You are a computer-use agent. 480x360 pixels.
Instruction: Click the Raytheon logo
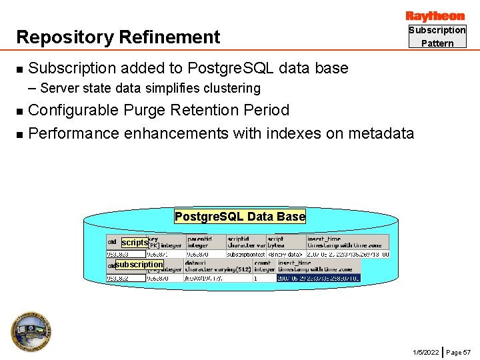coord(435,16)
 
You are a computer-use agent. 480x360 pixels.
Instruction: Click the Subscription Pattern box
coord(437,37)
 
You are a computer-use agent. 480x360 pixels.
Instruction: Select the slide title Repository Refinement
coord(118,37)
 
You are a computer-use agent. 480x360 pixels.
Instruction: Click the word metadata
coord(378,133)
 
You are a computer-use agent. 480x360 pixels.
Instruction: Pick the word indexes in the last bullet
coord(289,133)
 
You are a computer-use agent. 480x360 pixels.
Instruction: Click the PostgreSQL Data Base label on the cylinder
coord(240,216)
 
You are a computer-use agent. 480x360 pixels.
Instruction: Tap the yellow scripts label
coord(134,243)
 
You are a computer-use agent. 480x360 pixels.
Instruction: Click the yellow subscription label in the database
coord(139,265)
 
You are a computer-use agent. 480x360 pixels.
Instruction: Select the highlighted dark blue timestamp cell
coord(318,278)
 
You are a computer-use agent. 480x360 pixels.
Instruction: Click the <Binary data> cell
coord(285,254)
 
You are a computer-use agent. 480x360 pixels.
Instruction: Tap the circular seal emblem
coord(31,331)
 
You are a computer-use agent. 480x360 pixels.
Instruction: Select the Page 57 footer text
coord(458,351)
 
